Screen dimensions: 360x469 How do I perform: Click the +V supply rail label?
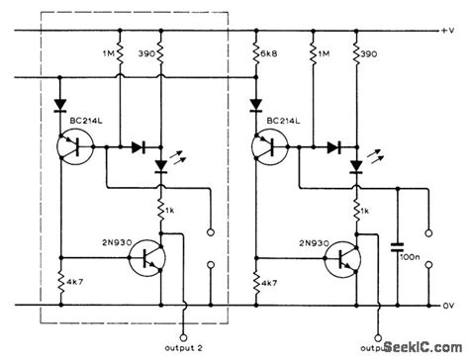coord(447,32)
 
